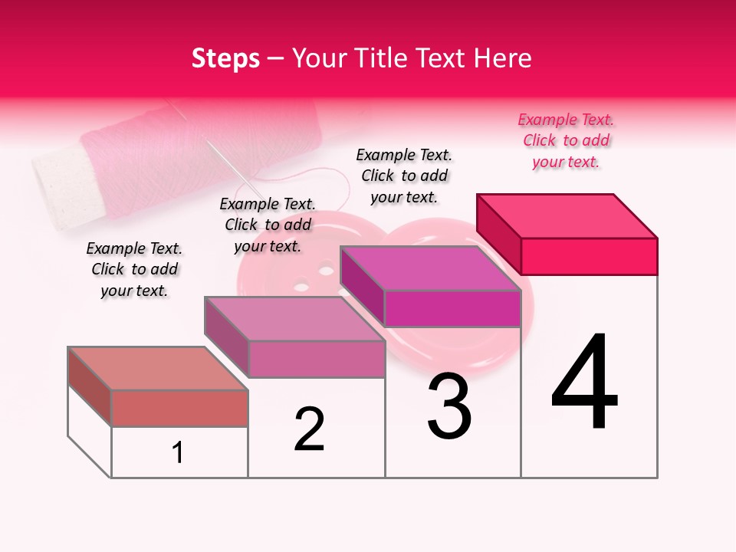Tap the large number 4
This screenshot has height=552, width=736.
click(x=584, y=383)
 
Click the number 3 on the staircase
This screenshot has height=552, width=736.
click(x=449, y=406)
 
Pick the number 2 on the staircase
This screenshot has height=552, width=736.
click(x=309, y=429)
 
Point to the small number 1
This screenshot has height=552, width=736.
click(x=178, y=452)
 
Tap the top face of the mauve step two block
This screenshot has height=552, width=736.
click(x=295, y=319)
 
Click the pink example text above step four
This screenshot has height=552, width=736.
click(x=566, y=141)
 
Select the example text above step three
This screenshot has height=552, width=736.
click(x=404, y=176)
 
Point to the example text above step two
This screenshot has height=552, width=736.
click(x=268, y=225)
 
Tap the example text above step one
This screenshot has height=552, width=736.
click(x=134, y=269)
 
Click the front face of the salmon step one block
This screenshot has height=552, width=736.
click(x=179, y=408)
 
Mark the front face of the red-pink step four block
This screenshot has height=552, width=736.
click(x=589, y=256)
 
